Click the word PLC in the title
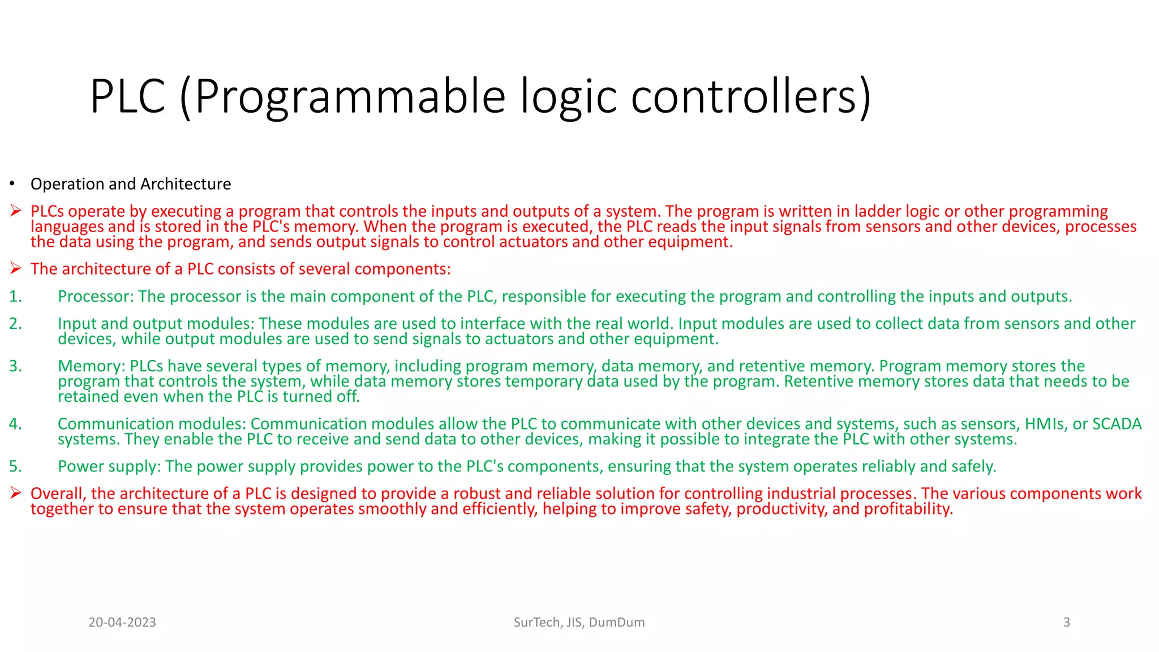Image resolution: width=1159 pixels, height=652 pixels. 128,97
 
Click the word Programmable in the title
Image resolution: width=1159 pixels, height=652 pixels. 350,97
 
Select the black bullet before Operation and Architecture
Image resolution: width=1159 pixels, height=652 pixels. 11,184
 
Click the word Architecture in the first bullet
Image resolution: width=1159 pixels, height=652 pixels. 186,184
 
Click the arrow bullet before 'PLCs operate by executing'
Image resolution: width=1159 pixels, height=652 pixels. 16,211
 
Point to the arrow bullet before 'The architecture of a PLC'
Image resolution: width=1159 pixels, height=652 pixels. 16,269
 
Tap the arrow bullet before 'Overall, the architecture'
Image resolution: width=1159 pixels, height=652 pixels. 16,494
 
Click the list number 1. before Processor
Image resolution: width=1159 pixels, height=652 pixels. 15,297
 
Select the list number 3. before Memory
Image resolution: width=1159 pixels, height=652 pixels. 15,366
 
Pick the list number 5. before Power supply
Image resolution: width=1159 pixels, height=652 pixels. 15,466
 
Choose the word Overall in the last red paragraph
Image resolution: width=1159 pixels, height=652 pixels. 58,494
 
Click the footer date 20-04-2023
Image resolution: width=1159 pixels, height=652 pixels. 122,623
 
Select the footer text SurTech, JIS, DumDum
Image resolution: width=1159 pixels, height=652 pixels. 579,623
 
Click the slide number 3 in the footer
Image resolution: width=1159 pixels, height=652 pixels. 1066,623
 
